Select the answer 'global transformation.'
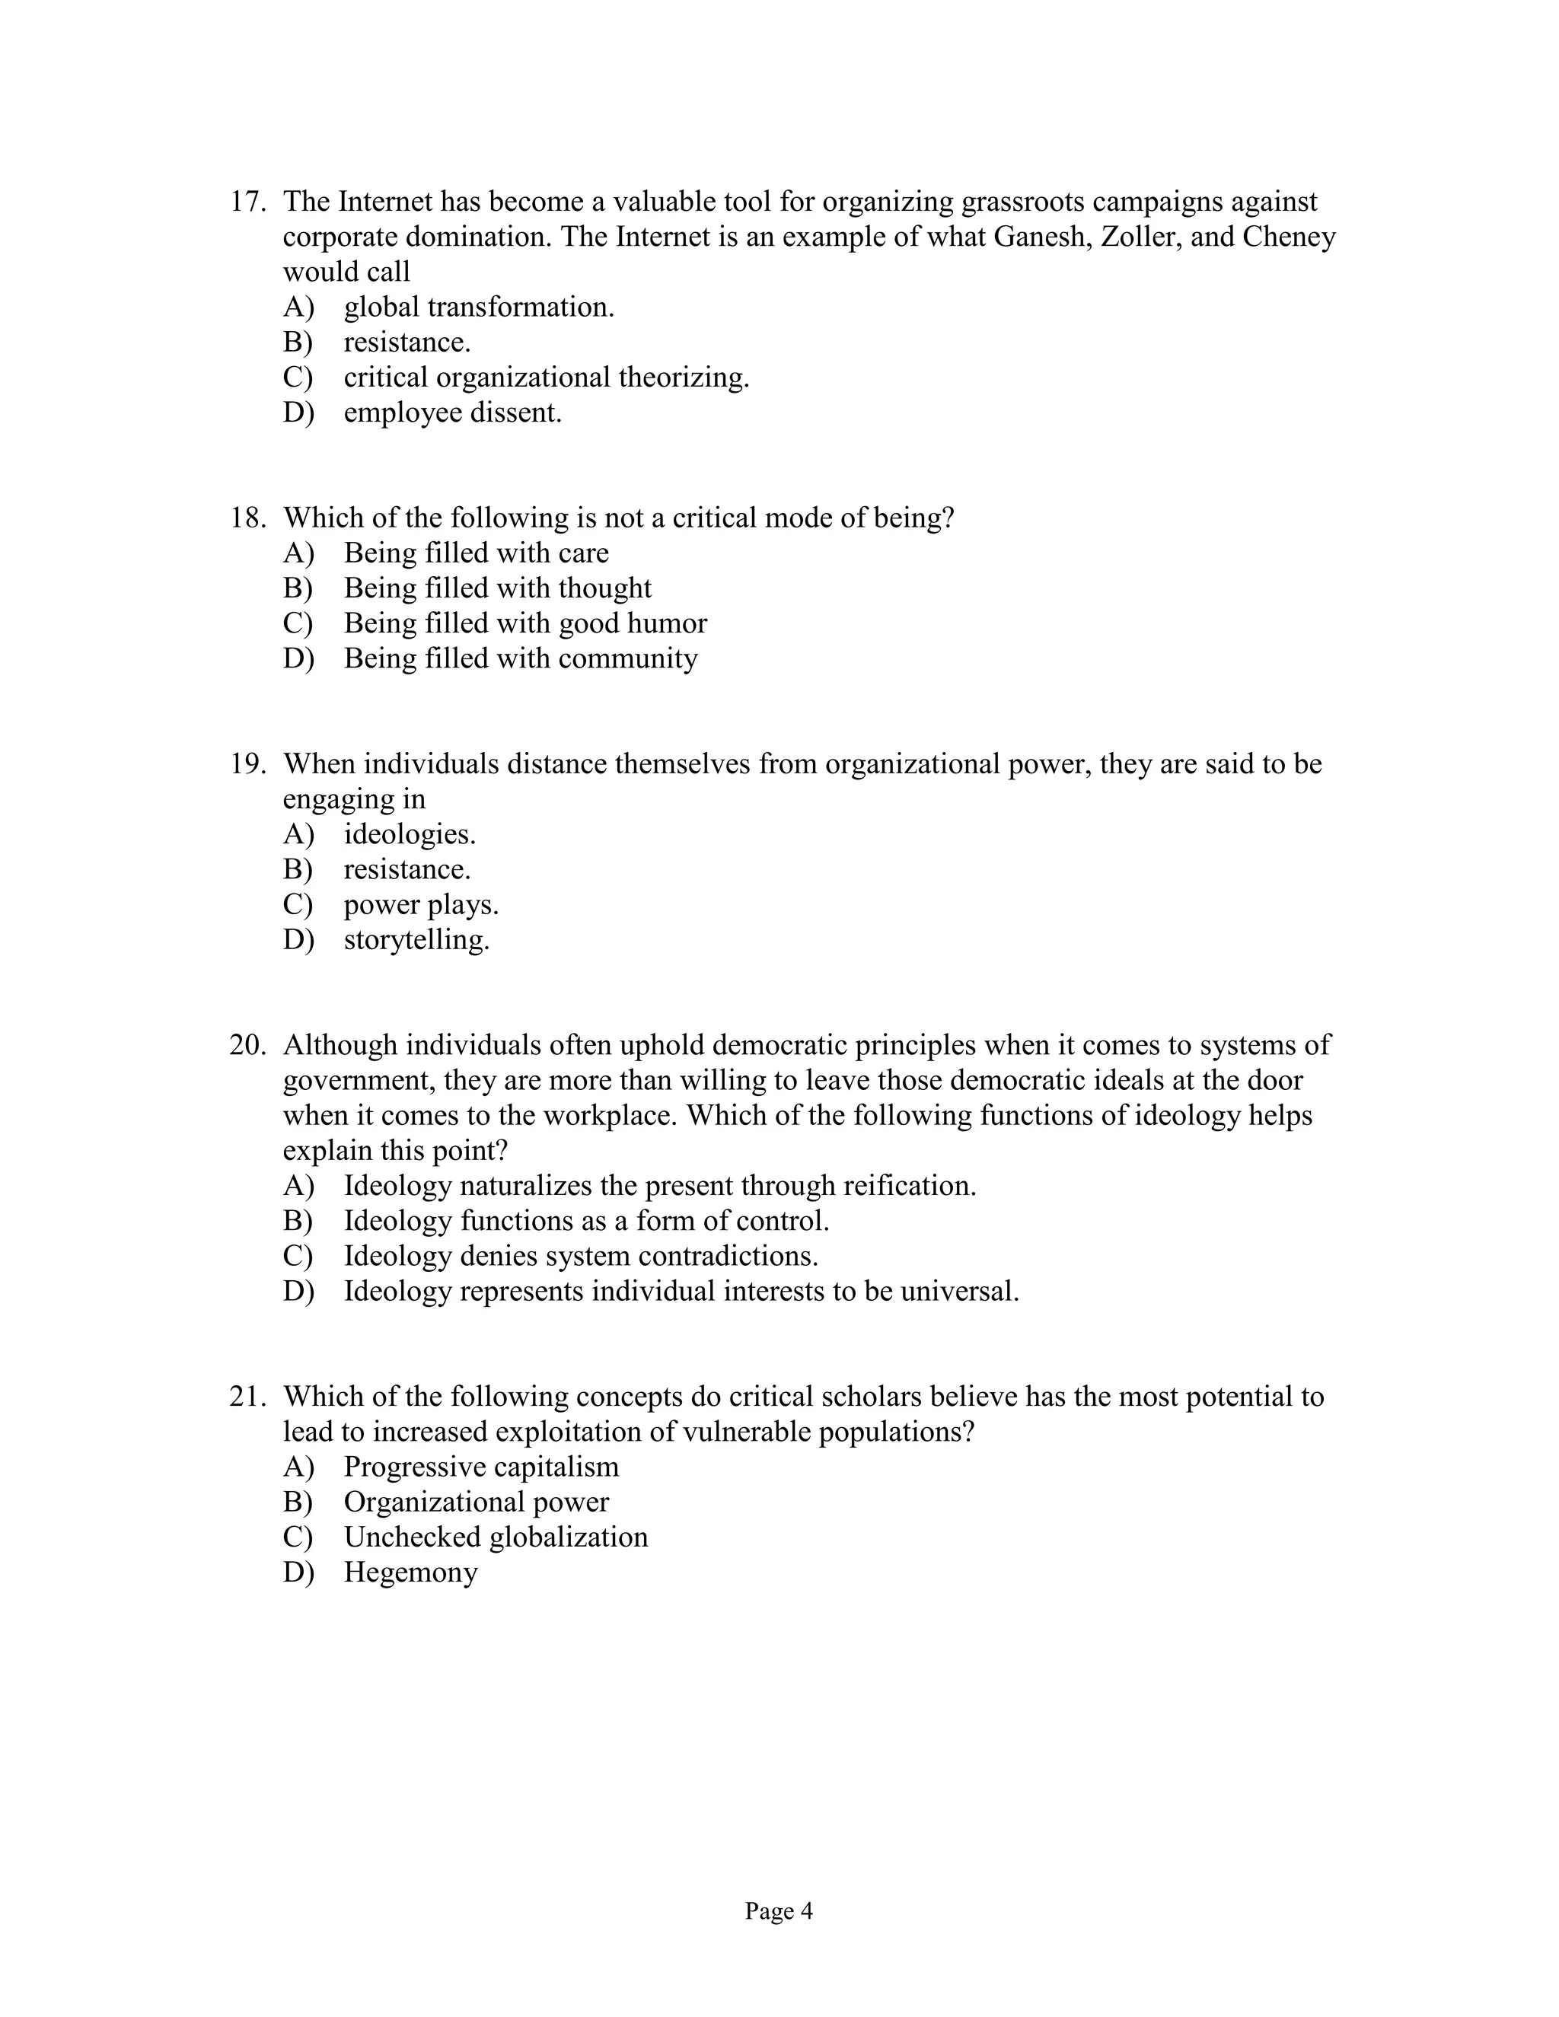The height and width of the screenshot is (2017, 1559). coord(478,307)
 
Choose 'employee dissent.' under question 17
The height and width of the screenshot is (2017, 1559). coord(453,413)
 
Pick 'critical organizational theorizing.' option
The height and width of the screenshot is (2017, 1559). coord(546,378)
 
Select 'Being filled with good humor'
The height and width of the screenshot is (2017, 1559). coord(524,623)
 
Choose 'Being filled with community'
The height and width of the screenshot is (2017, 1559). coord(520,658)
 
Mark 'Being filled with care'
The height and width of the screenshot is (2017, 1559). coord(476,553)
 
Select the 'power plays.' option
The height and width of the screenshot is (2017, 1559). coord(420,905)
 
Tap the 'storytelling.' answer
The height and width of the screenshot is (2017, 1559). coord(416,940)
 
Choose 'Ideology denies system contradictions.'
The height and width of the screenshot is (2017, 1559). coord(581,1256)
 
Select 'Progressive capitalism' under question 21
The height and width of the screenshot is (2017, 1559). coord(481,1467)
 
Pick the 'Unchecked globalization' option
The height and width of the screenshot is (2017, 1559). coord(496,1537)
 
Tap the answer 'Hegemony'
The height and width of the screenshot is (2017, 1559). coord(410,1572)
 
